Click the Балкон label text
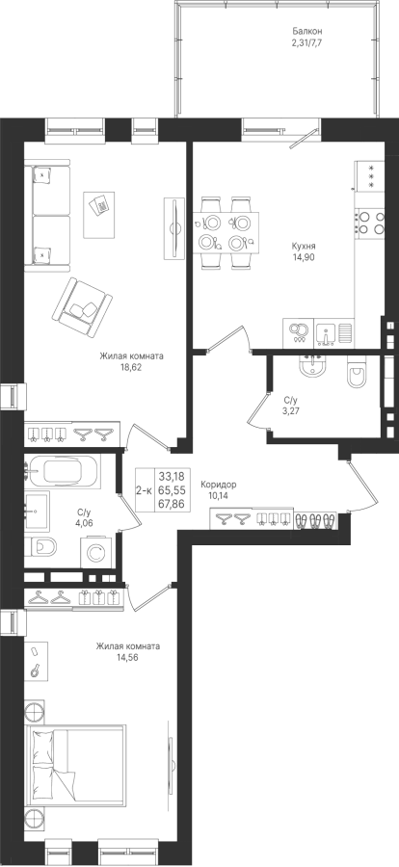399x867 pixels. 306,32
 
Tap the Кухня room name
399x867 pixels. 304,246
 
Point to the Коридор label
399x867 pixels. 219,485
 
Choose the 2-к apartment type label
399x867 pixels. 145,489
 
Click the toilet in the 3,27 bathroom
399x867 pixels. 355,372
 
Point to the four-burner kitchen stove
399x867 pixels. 369,222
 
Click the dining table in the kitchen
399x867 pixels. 226,231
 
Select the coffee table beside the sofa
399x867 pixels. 98,215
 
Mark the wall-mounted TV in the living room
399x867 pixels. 174,227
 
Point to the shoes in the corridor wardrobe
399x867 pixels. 315,520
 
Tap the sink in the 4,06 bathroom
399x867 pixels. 37,512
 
